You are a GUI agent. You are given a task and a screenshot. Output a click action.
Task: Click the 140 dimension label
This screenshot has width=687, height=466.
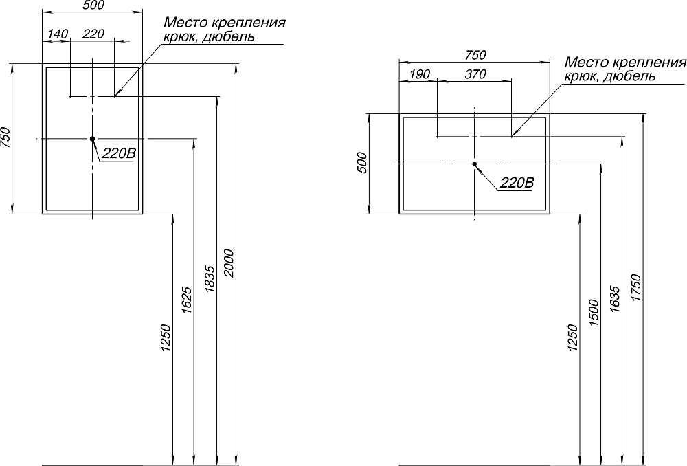tap(58, 34)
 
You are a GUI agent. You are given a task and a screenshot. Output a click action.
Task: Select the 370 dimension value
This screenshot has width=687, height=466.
tap(475, 74)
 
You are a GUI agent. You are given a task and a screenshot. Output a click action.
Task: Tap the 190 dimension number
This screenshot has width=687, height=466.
tap(419, 74)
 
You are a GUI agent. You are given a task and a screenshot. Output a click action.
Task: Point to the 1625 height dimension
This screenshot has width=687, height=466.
tap(186, 300)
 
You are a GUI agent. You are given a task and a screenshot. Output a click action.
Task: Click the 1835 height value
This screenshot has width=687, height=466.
tap(210, 279)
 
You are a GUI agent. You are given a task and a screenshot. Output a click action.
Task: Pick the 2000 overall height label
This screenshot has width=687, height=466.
tap(229, 263)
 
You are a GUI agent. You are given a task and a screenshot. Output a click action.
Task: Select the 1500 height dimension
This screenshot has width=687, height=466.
tap(594, 313)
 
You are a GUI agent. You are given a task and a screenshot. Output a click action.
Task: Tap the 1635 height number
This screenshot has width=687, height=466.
tap(615, 300)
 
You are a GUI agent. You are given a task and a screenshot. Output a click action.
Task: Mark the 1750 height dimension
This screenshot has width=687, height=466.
tap(635, 287)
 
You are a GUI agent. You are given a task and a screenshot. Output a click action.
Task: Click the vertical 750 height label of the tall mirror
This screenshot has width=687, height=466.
tap(5, 137)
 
